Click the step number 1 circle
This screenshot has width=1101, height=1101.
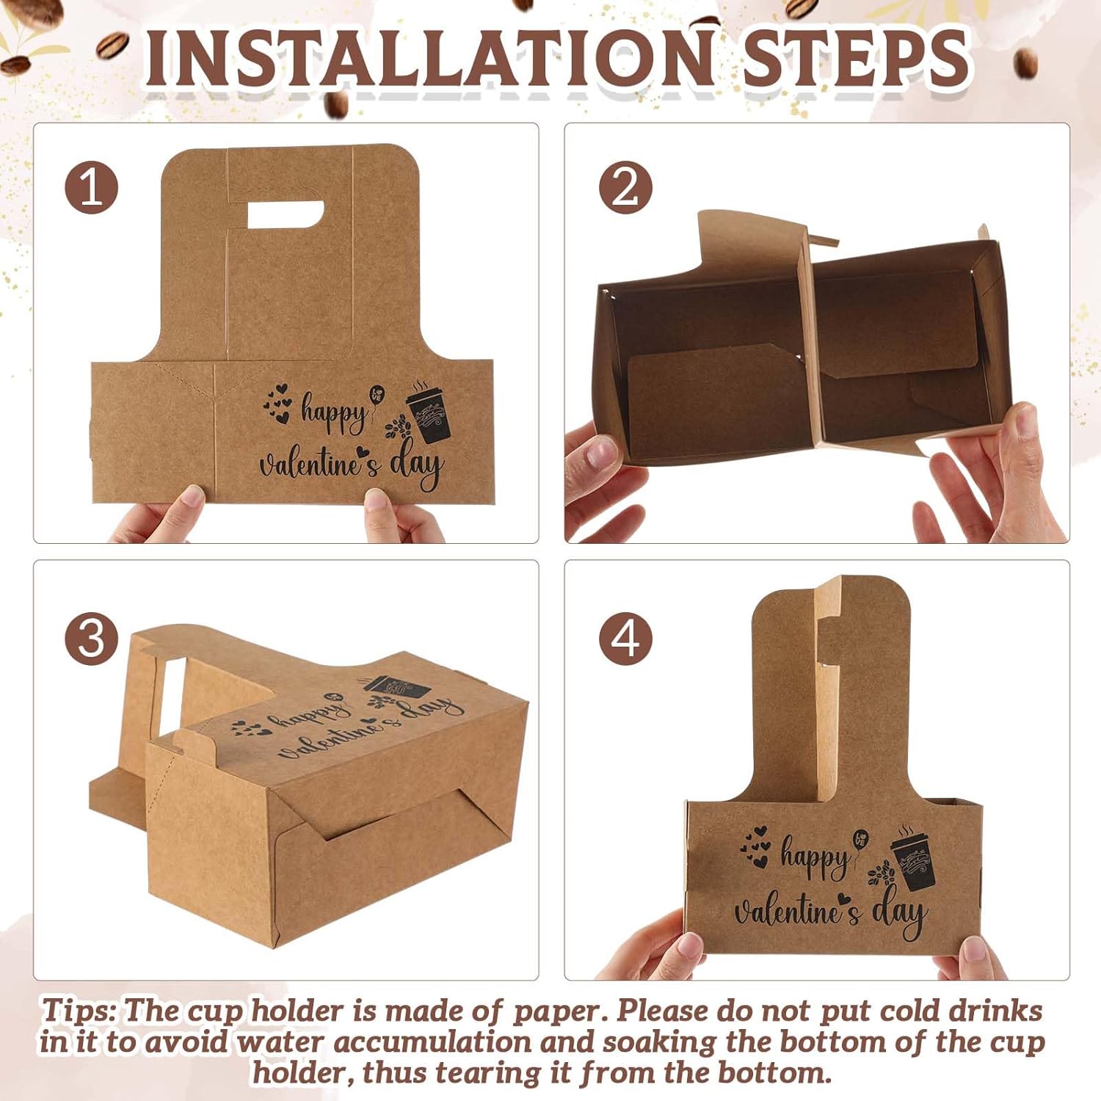tap(92, 187)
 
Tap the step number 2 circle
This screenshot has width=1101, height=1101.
tap(625, 187)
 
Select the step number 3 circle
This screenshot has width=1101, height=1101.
tap(92, 637)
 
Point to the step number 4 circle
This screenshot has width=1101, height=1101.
tap(625, 637)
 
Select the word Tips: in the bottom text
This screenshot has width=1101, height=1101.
tap(79, 1011)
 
